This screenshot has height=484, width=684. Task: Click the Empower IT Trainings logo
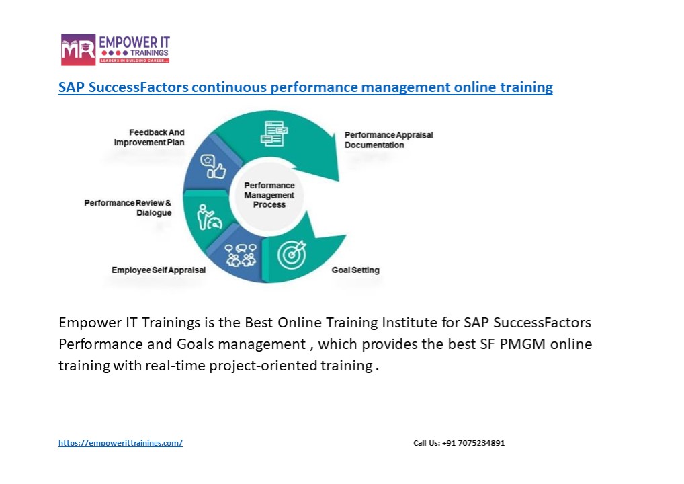pyautogui.click(x=115, y=49)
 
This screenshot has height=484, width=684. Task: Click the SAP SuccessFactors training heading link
pyautogui.click(x=305, y=87)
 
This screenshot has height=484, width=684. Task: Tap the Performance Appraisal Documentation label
pyautogui.click(x=388, y=140)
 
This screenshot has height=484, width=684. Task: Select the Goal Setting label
pyautogui.click(x=355, y=270)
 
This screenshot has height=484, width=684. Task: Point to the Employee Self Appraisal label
pyautogui.click(x=159, y=270)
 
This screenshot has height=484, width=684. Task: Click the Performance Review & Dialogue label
pyautogui.click(x=128, y=208)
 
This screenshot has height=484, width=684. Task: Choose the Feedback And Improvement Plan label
pyautogui.click(x=149, y=138)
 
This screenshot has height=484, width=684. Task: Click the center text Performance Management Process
pyautogui.click(x=269, y=195)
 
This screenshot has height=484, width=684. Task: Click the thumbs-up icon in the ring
pyautogui.click(x=213, y=167)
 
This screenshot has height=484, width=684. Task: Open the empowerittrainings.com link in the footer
pyautogui.click(x=120, y=443)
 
